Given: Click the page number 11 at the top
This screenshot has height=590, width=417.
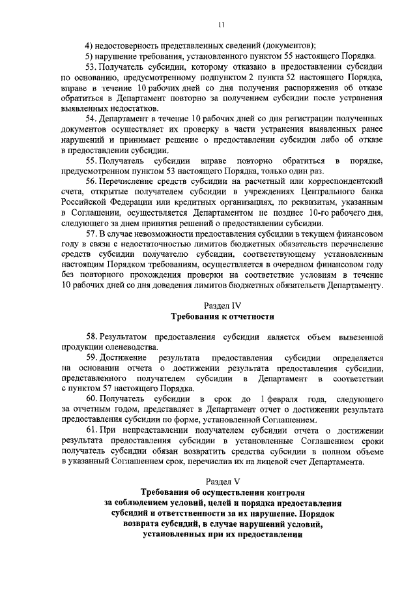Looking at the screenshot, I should (221, 24).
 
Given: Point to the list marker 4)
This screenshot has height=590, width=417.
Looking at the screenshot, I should (89, 45).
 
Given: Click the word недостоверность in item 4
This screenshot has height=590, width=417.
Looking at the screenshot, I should (130, 45).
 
